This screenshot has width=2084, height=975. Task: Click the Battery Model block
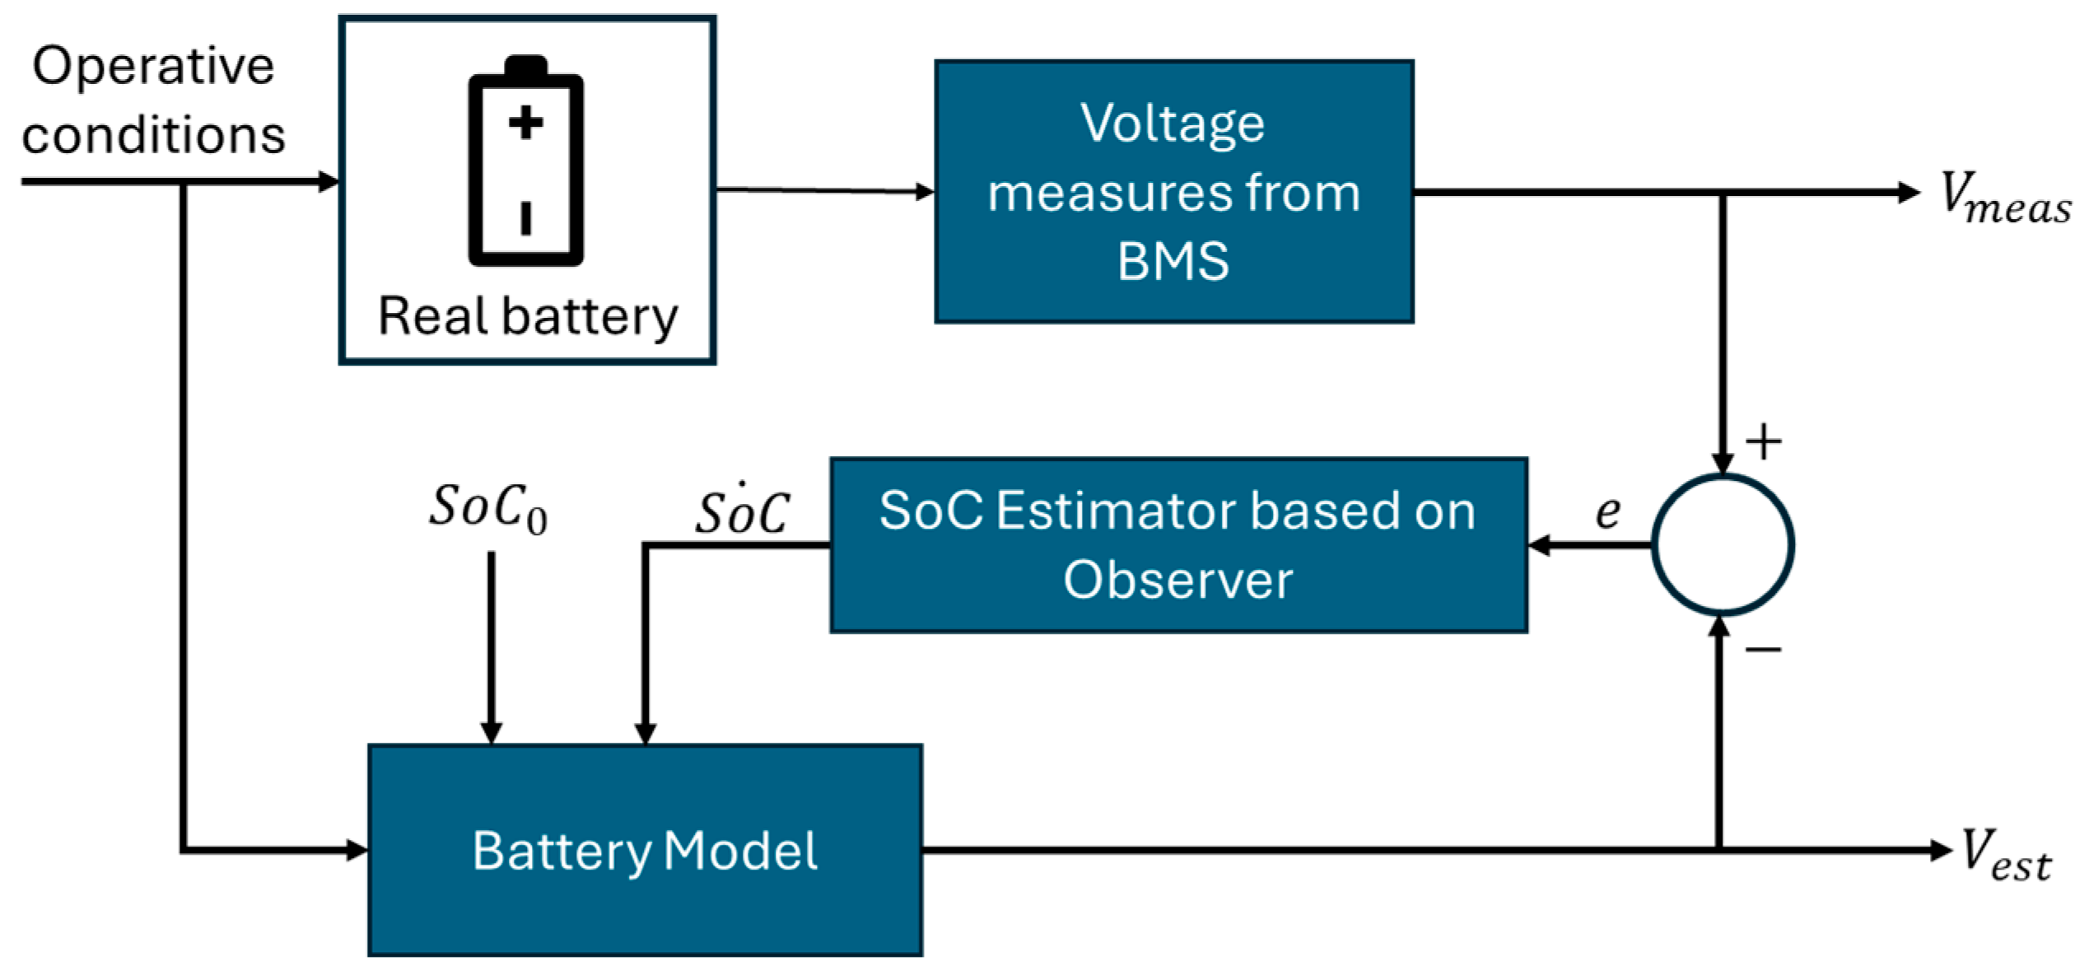pyautogui.click(x=645, y=850)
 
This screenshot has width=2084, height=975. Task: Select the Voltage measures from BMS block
pyautogui.click(x=1173, y=191)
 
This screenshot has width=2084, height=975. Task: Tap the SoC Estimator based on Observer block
pyautogui.click(x=1177, y=544)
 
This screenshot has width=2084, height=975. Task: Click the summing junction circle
pyautogui.click(x=1722, y=544)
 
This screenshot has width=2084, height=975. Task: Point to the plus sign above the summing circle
pyautogui.click(x=1764, y=442)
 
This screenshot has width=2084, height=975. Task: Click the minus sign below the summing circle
pyautogui.click(x=1764, y=651)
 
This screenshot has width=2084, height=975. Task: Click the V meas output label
pyautogui.click(x=2004, y=198)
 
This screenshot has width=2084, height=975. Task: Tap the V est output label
pyautogui.click(x=2004, y=855)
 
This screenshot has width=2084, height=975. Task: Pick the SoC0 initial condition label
pyautogui.click(x=487, y=507)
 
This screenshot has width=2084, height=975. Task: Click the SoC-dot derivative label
pyautogui.click(x=743, y=511)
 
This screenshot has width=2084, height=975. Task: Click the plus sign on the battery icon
pyautogui.click(x=525, y=124)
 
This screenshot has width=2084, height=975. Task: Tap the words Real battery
pyautogui.click(x=527, y=316)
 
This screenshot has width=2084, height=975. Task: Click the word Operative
pyautogui.click(x=153, y=66)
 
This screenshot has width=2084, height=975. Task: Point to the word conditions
pyautogui.click(x=153, y=134)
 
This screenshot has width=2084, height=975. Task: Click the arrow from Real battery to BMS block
pyautogui.click(x=823, y=191)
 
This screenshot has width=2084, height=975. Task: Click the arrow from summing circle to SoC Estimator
pyautogui.click(x=1589, y=544)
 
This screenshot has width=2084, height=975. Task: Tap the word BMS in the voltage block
pyautogui.click(x=1173, y=260)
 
